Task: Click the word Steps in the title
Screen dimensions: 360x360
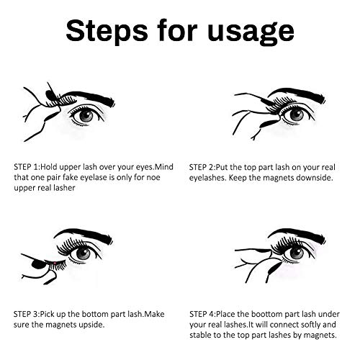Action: pos(107,30)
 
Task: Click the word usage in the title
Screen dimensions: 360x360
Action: pos(251,32)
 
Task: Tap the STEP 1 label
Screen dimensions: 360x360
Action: pos(26,166)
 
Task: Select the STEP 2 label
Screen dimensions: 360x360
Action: pos(201,167)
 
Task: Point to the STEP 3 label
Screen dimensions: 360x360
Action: pos(26,314)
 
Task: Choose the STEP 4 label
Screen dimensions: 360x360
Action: pos(202,314)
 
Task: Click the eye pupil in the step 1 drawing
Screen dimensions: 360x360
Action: pos(86,117)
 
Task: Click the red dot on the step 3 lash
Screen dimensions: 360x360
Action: pos(55,263)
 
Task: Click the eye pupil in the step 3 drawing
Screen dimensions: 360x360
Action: pos(84,253)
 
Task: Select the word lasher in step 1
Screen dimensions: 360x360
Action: pos(64,188)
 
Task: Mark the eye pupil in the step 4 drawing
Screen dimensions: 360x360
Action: pos(297,253)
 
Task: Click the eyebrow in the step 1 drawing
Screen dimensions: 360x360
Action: pos(89,96)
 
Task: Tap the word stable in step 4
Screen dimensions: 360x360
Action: pos(200,335)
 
